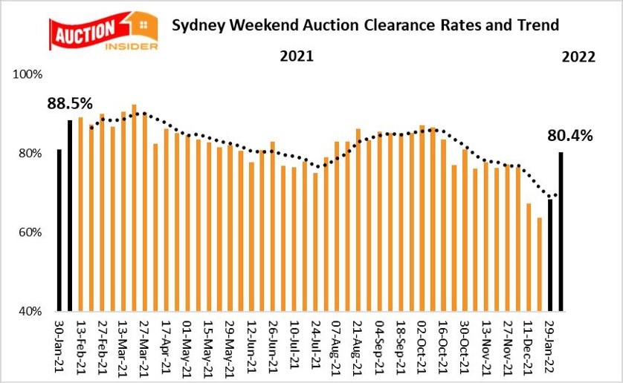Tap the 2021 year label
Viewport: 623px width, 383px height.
(x=297, y=57)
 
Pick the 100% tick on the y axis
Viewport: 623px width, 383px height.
(x=29, y=75)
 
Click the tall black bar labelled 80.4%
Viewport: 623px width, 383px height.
(x=561, y=231)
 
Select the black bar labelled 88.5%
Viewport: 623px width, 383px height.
(x=70, y=215)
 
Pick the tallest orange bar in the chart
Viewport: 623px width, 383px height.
(x=134, y=207)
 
